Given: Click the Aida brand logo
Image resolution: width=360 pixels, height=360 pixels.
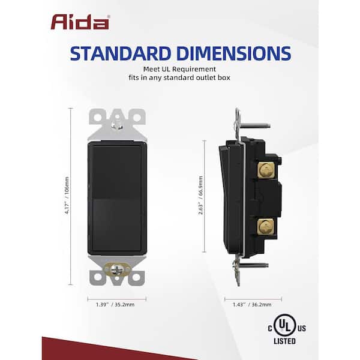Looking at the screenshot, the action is [x=80, y=22].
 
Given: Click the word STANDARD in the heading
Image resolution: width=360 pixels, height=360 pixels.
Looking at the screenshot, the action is [x=121, y=53].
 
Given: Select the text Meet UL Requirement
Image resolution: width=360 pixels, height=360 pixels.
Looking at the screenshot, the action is [x=179, y=69].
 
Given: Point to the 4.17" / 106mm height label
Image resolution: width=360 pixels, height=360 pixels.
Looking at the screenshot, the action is [x=67, y=196].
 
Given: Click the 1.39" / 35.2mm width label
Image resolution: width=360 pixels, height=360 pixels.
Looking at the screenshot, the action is [x=115, y=305].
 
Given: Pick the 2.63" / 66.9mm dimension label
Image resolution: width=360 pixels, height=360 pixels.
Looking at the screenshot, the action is [x=200, y=196].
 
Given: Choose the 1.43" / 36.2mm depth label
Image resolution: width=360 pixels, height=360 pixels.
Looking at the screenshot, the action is [x=252, y=305].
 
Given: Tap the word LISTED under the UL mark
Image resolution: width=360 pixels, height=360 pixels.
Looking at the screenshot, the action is [x=284, y=341].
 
